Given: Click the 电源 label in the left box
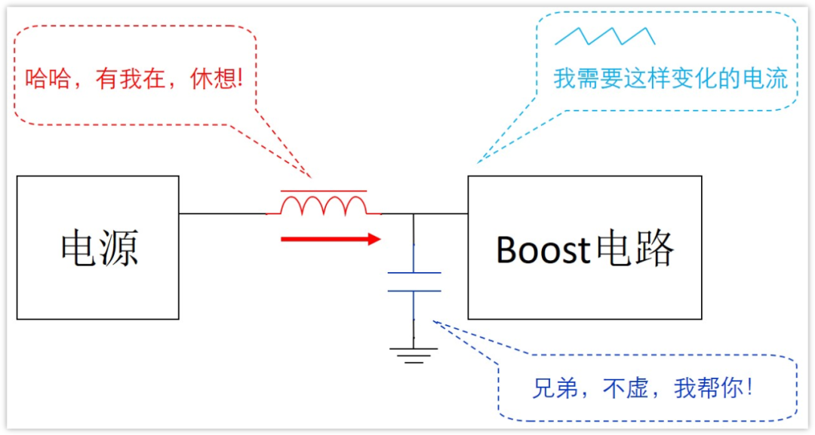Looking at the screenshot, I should (x=99, y=248).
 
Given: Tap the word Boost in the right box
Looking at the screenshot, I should (x=543, y=250).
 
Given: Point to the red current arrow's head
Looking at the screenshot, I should (x=374, y=239).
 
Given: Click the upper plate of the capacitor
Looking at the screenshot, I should (x=414, y=273).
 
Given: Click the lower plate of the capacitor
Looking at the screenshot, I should (x=414, y=290).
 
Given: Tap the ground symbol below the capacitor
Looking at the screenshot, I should (x=414, y=355).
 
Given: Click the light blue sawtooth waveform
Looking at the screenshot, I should (x=604, y=35).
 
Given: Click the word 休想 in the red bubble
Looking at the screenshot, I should (x=215, y=78).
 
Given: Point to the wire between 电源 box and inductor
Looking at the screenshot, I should (x=223, y=213).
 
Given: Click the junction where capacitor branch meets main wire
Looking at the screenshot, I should (x=414, y=214).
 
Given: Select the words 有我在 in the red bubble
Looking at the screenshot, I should (x=131, y=78).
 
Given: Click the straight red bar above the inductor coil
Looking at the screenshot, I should (x=324, y=191).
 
